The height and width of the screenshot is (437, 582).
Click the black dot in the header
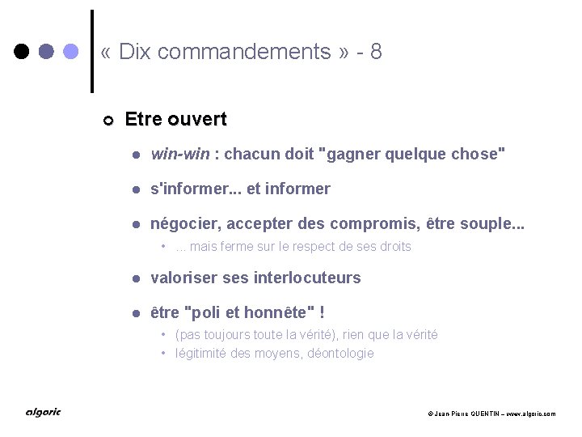(x=23, y=52)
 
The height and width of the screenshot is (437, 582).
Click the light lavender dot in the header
(x=71, y=52)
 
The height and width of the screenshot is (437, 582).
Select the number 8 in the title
(x=375, y=53)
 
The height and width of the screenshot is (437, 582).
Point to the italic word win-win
(x=180, y=154)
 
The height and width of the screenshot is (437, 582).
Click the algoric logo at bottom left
(x=42, y=413)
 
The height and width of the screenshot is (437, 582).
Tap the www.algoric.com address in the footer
(x=529, y=414)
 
